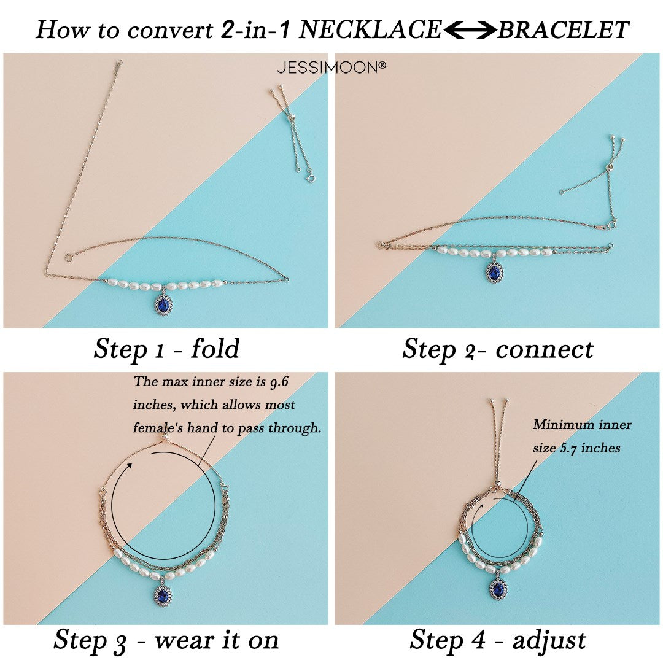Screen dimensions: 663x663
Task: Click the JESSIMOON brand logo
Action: point(331,67)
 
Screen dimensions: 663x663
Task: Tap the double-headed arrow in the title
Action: point(470,30)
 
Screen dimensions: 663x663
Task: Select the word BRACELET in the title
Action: point(563,30)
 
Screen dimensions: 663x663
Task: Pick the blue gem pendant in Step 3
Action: point(162,594)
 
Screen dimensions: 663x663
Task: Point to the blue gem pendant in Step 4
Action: point(499,586)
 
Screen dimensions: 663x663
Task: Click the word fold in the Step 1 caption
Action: point(215,348)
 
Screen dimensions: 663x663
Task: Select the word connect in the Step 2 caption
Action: point(545,350)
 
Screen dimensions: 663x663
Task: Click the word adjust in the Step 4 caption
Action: point(549,640)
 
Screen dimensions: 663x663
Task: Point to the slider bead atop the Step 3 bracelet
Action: point(166,438)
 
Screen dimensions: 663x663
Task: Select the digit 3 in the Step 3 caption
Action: point(120,643)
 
